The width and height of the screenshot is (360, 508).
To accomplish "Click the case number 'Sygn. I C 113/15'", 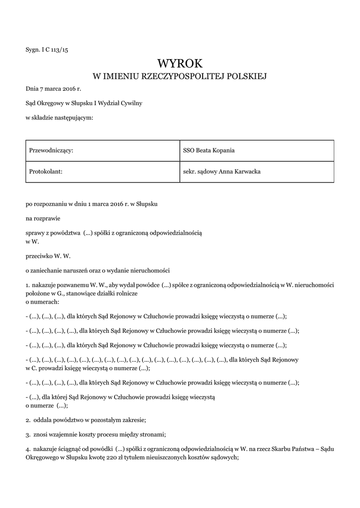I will pyautogui.click(x=47, y=50).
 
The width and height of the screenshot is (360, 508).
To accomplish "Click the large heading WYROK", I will pyautogui.click(x=180, y=63).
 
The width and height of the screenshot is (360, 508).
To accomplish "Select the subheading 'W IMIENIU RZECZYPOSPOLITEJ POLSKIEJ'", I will pyautogui.click(x=180, y=76).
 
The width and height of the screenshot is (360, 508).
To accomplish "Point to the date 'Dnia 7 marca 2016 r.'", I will pyautogui.click(x=53, y=89).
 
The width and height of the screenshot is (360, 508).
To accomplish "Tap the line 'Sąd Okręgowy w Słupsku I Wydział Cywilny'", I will pyautogui.click(x=84, y=103).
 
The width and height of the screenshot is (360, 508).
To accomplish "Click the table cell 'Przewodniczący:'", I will pyautogui.click(x=52, y=150).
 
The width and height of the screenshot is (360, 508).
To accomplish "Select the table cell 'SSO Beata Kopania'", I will pyautogui.click(x=209, y=150).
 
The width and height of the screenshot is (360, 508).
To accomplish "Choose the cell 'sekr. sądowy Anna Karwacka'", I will pyautogui.click(x=222, y=172).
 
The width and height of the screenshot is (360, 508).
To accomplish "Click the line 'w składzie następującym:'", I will pyautogui.click(x=59, y=118).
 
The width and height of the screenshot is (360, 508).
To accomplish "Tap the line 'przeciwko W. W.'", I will pyautogui.click(x=48, y=256).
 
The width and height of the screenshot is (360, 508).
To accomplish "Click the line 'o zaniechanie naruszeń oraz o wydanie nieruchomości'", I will pyautogui.click(x=98, y=271).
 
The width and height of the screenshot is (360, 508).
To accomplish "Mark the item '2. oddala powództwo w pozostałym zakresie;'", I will pyautogui.click(x=86, y=420).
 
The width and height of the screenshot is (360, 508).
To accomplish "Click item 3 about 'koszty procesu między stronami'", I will pyautogui.click(x=96, y=434).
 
